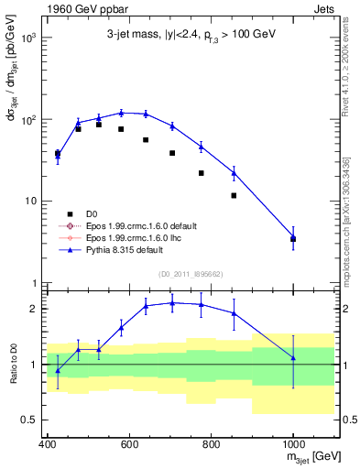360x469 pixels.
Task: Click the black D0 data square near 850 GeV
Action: tap(235, 195)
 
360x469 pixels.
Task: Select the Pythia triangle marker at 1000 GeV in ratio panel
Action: tap(293, 357)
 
